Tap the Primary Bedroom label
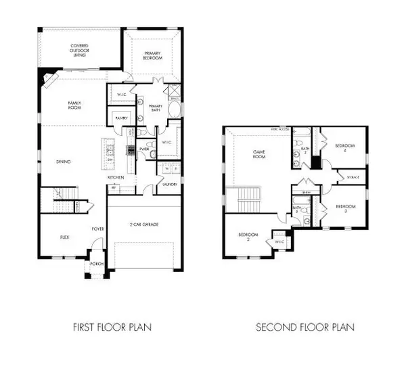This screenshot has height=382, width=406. pyautogui.click(x=154, y=55)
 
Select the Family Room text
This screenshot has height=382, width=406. pyautogui.click(x=74, y=105)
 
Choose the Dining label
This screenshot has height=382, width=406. pyautogui.click(x=64, y=161)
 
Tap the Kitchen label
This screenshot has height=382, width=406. pyautogui.click(x=114, y=177)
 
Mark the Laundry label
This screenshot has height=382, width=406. pyautogui.click(x=169, y=183)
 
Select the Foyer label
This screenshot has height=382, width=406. pyautogui.click(x=97, y=229)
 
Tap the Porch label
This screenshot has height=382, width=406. pyautogui.click(x=95, y=266)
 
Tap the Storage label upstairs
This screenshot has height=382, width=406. pyautogui.click(x=353, y=177)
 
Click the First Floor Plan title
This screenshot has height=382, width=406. pyautogui.click(x=112, y=327)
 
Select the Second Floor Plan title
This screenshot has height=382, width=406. pyautogui.click(x=304, y=327)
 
